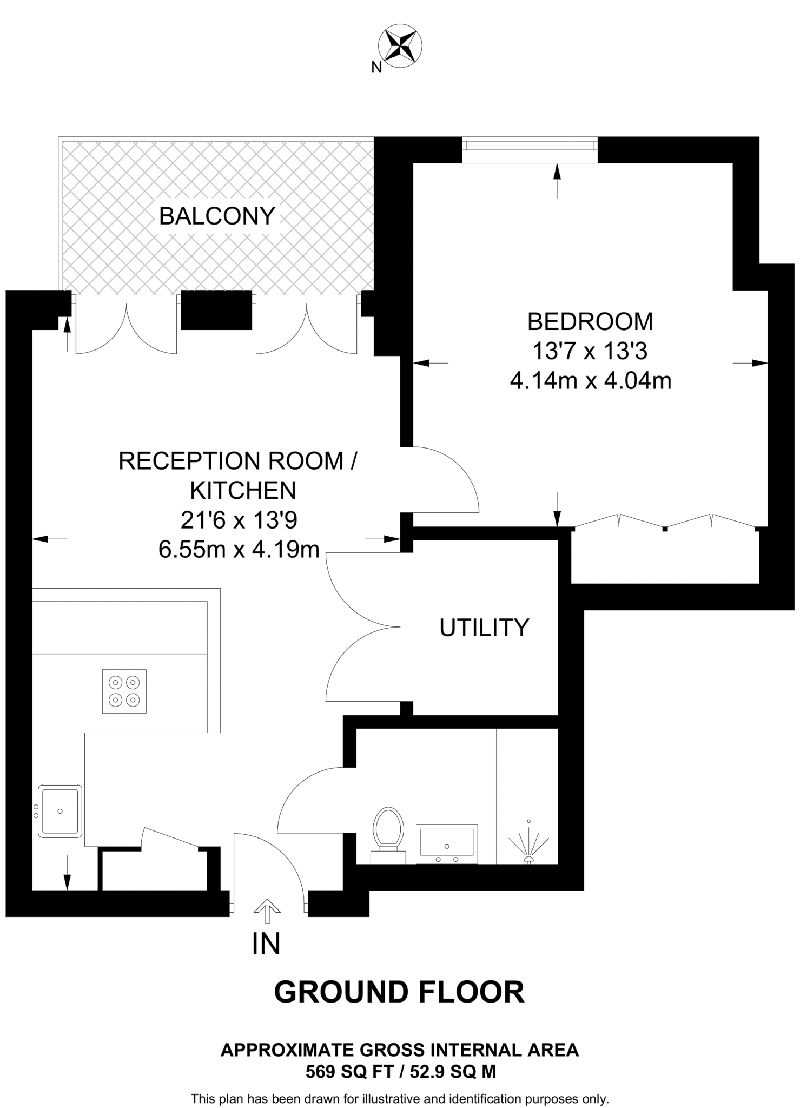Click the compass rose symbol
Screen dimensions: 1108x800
(401, 46)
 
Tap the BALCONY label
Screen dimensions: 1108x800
(217, 216)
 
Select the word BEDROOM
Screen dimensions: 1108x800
(590, 321)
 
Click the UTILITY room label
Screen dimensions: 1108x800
(484, 628)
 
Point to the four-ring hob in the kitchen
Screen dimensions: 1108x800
(124, 691)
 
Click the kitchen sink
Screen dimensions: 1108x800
(60, 811)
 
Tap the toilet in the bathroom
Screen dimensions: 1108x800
(388, 833)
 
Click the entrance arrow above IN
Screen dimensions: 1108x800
(267, 911)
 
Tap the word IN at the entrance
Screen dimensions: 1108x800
(266, 944)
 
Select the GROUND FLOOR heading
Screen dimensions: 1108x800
(399, 992)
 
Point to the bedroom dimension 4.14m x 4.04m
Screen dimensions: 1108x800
(591, 381)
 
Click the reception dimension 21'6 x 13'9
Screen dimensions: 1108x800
(239, 520)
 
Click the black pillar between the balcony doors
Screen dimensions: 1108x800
(216, 310)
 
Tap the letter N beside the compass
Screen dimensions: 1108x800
(376, 68)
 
